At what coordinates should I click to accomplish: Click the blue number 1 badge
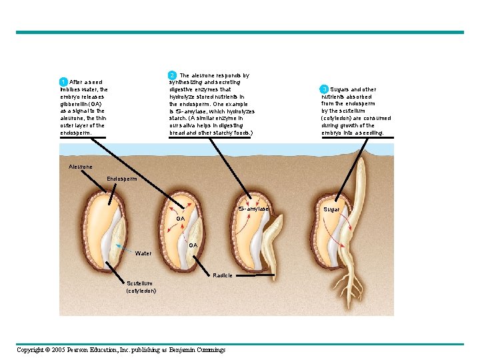pos(63,82)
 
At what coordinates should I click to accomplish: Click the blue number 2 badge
pos(172,75)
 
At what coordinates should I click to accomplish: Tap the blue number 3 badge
pos(324,89)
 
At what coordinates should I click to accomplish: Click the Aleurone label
pos(81,166)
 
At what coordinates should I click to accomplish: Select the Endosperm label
pos(122,179)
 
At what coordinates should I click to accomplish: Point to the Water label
pos(143,253)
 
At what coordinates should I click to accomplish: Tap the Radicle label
pos(223,275)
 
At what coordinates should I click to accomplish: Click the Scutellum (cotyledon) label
pos(141,287)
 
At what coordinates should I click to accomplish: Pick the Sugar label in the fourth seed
pos(331,209)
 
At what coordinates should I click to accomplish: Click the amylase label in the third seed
pos(254,209)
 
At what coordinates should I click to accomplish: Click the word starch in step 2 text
pos(177,118)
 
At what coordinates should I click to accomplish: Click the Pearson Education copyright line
pos(121,350)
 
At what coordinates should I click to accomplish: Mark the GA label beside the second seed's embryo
pos(193,245)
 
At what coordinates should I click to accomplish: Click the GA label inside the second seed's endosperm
pos(181,219)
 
